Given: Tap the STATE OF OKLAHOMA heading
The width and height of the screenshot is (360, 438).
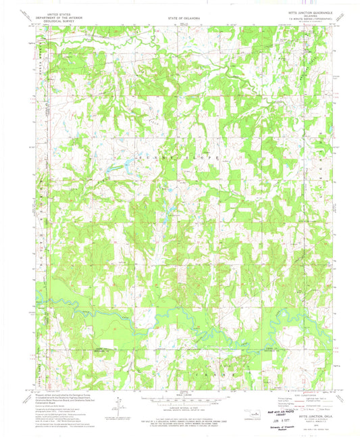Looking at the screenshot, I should [180, 16].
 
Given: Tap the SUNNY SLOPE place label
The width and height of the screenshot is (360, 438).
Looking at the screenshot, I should [180, 155].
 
